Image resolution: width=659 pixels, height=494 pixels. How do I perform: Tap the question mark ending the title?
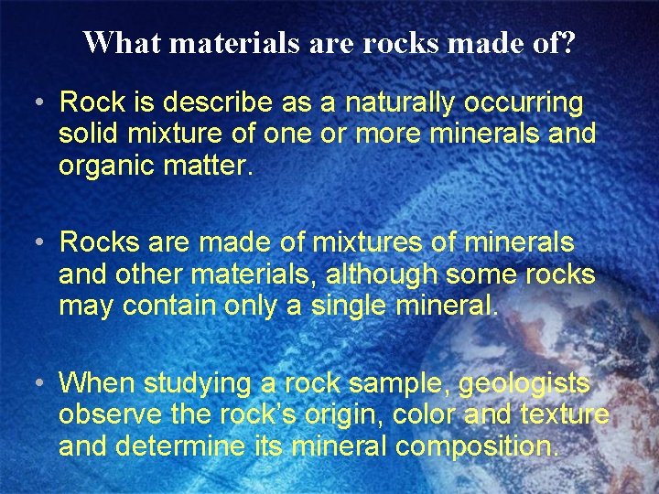(568, 43)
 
